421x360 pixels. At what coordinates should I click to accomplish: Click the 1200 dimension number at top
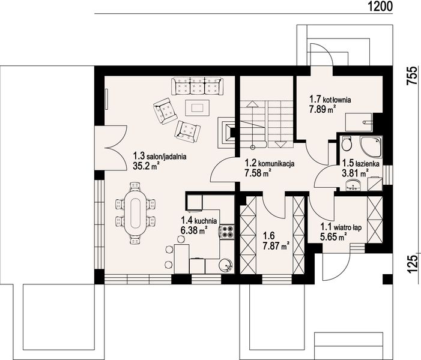click(380, 6)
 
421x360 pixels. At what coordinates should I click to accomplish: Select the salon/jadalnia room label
click(160, 157)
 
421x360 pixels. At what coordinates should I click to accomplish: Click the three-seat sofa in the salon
click(198, 86)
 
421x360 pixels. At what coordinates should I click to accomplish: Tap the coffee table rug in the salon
click(198, 107)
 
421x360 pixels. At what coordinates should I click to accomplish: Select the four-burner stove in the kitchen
click(227, 232)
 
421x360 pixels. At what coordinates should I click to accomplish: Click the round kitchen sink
click(226, 266)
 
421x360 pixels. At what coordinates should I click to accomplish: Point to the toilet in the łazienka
click(347, 144)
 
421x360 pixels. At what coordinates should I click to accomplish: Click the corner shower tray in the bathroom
click(371, 147)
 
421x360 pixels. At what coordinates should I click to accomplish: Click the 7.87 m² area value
click(276, 246)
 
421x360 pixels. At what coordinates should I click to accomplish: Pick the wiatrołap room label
click(341, 228)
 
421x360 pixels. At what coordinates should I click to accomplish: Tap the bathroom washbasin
click(354, 185)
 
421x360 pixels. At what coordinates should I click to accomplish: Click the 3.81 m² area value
click(355, 173)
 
